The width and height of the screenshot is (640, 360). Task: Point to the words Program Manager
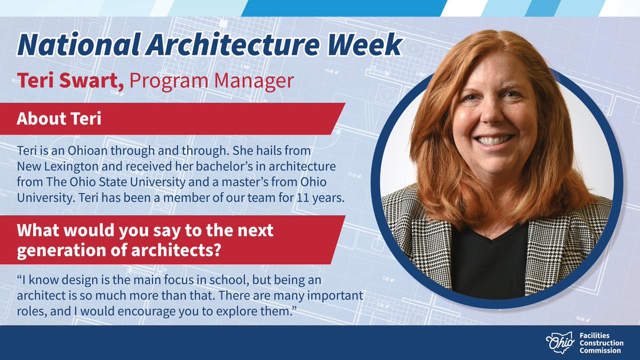click(x=211, y=82)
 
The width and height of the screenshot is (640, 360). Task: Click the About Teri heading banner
click(x=59, y=118)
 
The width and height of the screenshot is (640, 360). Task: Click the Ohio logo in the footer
click(x=560, y=342)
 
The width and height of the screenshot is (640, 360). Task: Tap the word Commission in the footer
click(x=600, y=350)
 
